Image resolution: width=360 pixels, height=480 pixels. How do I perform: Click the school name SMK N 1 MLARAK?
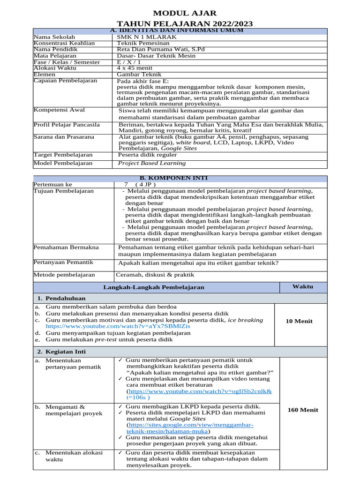point(147,37)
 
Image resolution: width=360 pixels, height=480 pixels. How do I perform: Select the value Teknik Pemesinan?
point(143,43)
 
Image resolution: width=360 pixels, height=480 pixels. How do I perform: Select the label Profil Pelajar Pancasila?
point(66,125)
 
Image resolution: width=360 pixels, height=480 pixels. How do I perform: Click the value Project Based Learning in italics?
point(152,163)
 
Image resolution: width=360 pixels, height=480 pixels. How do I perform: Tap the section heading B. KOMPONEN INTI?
point(180,178)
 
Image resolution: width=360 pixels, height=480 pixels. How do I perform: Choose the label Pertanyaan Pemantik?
point(63,262)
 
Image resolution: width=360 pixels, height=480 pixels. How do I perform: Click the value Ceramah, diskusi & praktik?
point(155,275)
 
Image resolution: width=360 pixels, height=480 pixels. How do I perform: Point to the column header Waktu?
point(302,286)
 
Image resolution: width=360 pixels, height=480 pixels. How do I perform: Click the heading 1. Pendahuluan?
point(65,298)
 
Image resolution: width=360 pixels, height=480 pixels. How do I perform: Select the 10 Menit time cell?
point(299,321)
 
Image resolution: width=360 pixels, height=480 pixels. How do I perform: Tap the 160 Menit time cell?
point(302,410)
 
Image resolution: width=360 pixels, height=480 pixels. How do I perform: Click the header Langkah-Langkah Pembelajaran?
point(154,287)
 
